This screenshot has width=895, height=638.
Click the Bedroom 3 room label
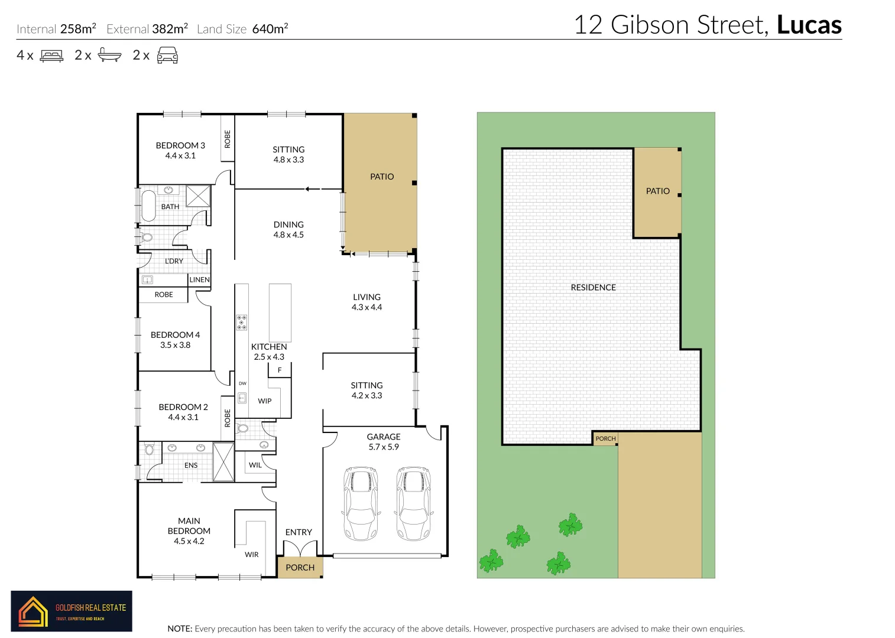pyautogui.click(x=180, y=145)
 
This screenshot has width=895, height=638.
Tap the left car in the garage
pyautogui.click(x=359, y=503)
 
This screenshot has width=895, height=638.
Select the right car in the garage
pyautogui.click(x=413, y=503)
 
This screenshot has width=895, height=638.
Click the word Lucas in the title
pyautogui.click(x=809, y=25)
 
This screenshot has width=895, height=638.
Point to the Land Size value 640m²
pyautogui.click(x=270, y=29)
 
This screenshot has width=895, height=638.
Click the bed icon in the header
pyautogui.click(x=51, y=56)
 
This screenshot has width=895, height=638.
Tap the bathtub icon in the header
pyautogui.click(x=109, y=56)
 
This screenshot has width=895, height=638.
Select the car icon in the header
pyautogui.click(x=167, y=56)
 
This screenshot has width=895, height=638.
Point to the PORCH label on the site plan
pyautogui.click(x=605, y=439)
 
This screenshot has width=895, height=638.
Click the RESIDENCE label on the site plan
pyautogui.click(x=593, y=288)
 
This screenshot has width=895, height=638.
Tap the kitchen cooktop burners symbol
pyautogui.click(x=242, y=322)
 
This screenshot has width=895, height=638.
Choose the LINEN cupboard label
pyautogui.click(x=199, y=280)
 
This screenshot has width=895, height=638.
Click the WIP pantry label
pyautogui.click(x=265, y=401)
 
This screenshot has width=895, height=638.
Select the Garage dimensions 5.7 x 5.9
pyautogui.click(x=384, y=447)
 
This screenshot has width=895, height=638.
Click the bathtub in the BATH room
pyautogui.click(x=148, y=206)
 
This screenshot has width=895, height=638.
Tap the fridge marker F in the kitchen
pyautogui.click(x=280, y=370)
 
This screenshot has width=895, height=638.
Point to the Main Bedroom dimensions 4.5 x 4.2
pyautogui.click(x=189, y=541)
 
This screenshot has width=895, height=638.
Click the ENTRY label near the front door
pyautogui.click(x=299, y=532)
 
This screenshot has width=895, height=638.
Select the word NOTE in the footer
pyautogui.click(x=180, y=629)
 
